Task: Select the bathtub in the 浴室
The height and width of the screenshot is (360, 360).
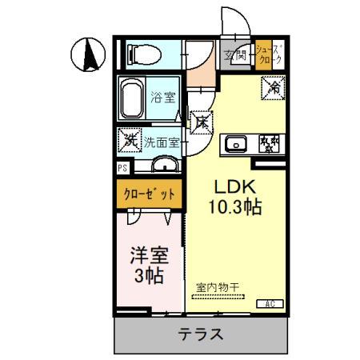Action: coord(134,99)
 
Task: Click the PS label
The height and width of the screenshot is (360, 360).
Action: coord(122,168)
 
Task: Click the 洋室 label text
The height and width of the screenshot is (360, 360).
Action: coord(149,256)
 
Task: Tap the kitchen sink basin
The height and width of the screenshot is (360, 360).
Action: coord(236,144)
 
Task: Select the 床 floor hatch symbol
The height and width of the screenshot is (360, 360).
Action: coord(202,122)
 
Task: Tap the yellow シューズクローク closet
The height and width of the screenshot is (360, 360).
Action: coord(267,55)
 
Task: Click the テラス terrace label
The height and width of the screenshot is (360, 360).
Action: coord(199,334)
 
